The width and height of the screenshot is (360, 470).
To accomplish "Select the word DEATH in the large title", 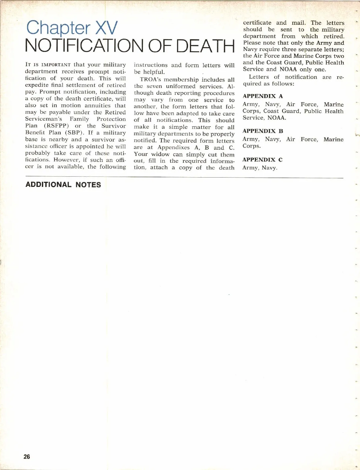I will (205, 46).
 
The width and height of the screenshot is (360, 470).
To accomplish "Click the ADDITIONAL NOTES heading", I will (63, 185).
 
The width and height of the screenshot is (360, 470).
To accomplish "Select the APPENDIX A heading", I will (262, 96).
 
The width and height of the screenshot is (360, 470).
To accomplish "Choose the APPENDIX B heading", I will (262, 131).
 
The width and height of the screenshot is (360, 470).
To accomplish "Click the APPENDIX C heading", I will (262, 160).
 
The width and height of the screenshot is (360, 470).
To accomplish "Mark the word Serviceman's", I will (43, 119).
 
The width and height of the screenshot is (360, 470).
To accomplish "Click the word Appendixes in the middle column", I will (173, 148).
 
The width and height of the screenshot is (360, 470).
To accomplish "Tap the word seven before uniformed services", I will (154, 86).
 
